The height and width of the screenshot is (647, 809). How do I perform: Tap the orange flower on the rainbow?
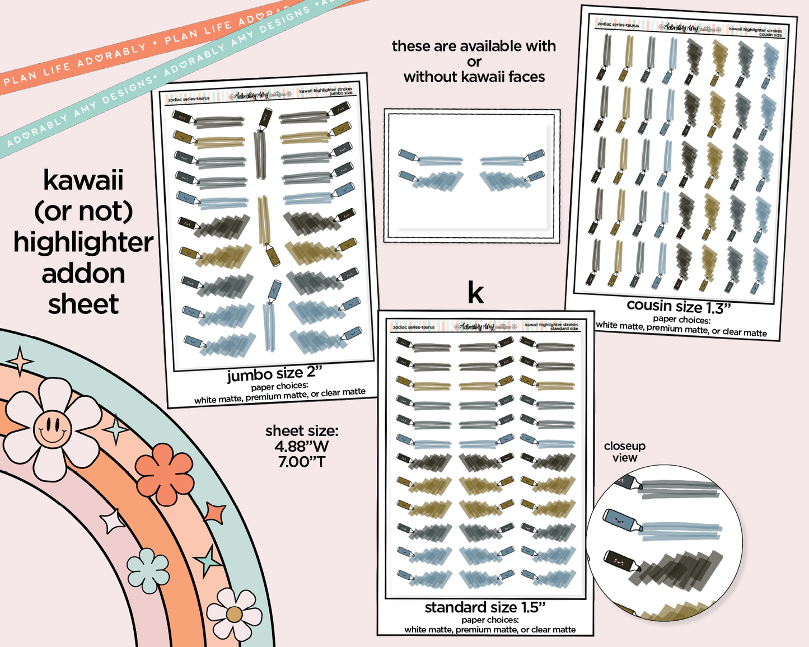tap(165, 471)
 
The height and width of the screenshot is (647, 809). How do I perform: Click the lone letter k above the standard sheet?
tap(475, 292)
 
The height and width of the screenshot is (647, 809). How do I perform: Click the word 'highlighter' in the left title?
tap(83, 243)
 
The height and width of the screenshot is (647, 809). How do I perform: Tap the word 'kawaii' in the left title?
tap(83, 181)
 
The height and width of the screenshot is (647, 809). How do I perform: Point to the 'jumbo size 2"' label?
tap(275, 373)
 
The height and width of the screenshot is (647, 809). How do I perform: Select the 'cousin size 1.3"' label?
tap(679, 306)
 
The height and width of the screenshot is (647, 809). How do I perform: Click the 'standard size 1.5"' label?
tap(485, 607)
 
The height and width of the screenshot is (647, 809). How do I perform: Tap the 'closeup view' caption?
tap(625, 452)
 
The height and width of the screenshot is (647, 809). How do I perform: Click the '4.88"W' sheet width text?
tap(302, 447)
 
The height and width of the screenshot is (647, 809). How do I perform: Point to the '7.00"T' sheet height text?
tap(302, 462)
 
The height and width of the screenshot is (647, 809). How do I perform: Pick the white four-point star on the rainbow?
tap(113, 521)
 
